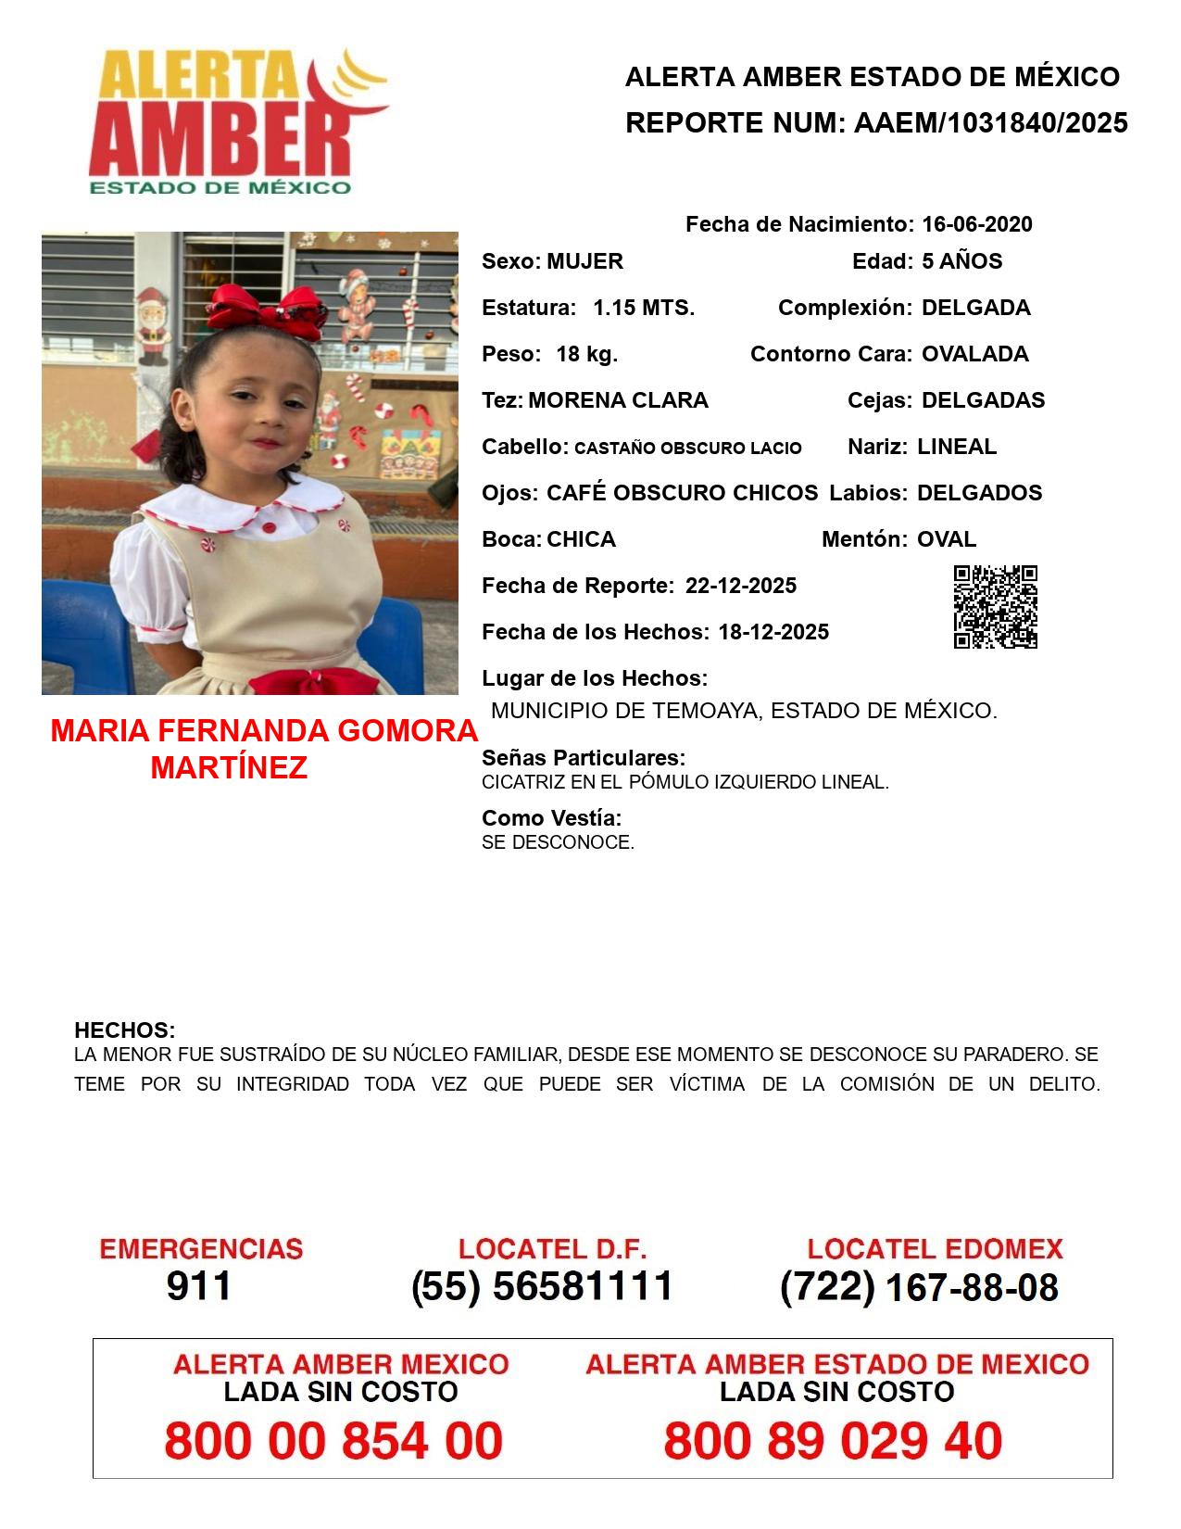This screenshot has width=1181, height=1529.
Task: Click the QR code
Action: point(995,607)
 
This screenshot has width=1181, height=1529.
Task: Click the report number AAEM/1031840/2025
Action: point(990,123)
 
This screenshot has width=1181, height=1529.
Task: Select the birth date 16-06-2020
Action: point(976,224)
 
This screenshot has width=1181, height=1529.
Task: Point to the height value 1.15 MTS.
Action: point(644,308)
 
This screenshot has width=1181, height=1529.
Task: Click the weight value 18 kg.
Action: point(586,354)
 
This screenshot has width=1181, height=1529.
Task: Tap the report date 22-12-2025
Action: point(740,586)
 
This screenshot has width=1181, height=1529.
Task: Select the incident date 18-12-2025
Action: point(773,632)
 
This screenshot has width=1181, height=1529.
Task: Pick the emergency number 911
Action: point(199,1286)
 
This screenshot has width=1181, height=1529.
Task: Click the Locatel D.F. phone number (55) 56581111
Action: point(542,1286)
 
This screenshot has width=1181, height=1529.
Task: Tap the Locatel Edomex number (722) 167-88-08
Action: point(919,1287)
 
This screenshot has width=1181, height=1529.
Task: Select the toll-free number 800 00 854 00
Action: point(333,1441)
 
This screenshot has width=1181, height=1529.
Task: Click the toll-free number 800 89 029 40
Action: point(833,1441)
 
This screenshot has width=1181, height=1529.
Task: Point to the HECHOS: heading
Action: point(124,1030)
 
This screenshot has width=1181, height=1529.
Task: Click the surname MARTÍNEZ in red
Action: point(229,767)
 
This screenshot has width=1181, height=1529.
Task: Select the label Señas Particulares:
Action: point(583,758)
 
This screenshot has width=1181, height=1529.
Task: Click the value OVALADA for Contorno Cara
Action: point(974,354)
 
